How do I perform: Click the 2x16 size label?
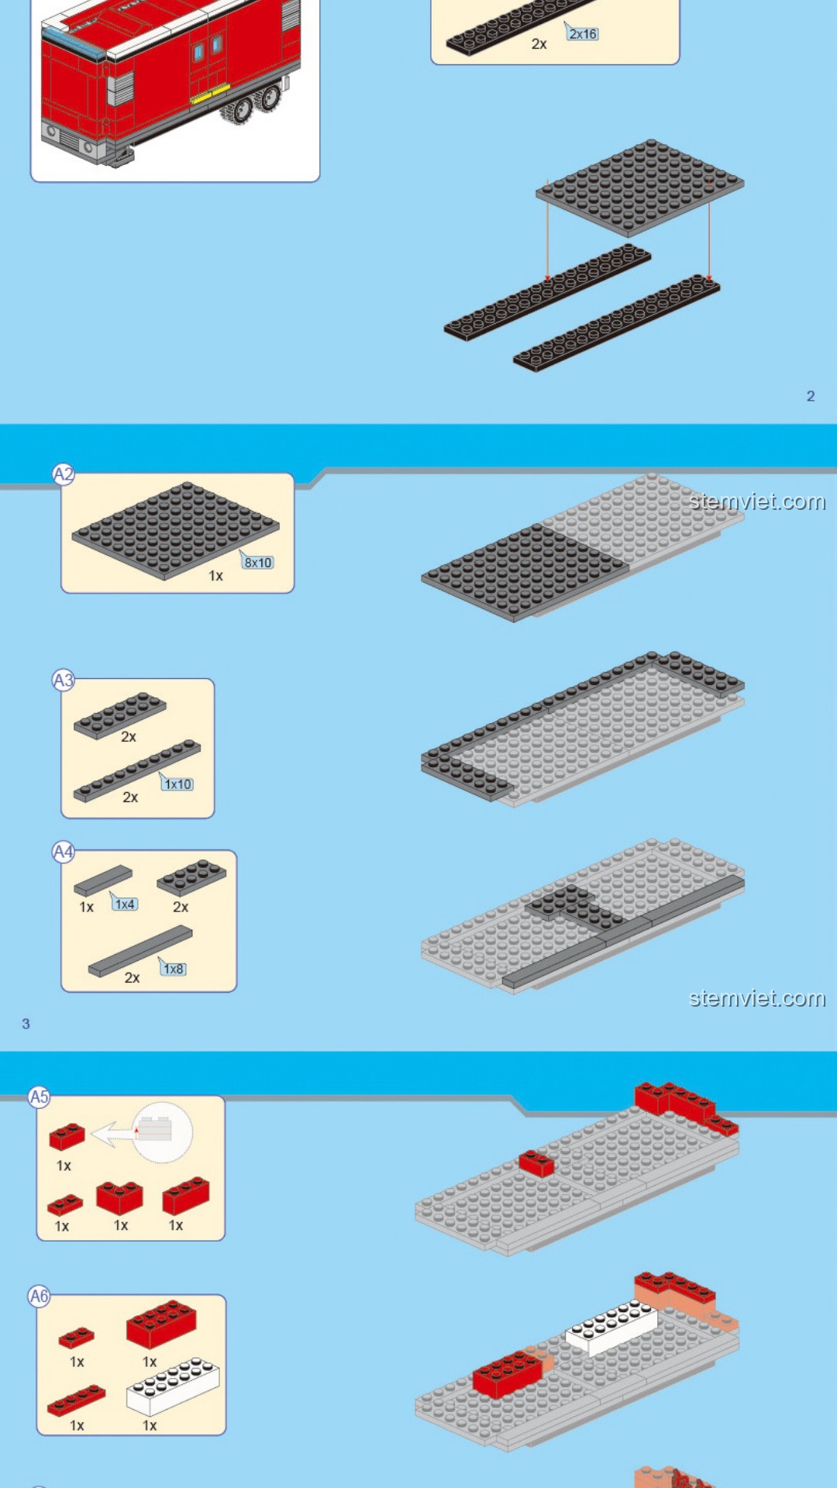tap(583, 34)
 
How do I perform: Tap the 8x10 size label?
tap(258, 563)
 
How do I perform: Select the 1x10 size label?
tap(177, 784)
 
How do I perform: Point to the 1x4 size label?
tap(125, 904)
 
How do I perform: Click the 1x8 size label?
tap(174, 969)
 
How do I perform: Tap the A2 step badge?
tap(64, 474)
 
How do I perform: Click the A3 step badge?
tap(64, 680)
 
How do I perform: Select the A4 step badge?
tap(64, 852)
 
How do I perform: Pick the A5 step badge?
tap(39, 1097)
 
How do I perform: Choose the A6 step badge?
tap(39, 1296)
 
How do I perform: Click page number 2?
tap(811, 396)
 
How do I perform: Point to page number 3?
tap(26, 1024)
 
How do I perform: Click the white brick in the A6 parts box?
tap(173, 1386)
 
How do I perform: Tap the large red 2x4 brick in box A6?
tap(161, 1324)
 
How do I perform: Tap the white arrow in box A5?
tap(114, 1135)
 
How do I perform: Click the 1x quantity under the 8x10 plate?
tap(215, 576)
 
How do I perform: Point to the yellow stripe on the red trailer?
tap(210, 94)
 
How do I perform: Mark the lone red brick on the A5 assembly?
tap(536, 1163)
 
